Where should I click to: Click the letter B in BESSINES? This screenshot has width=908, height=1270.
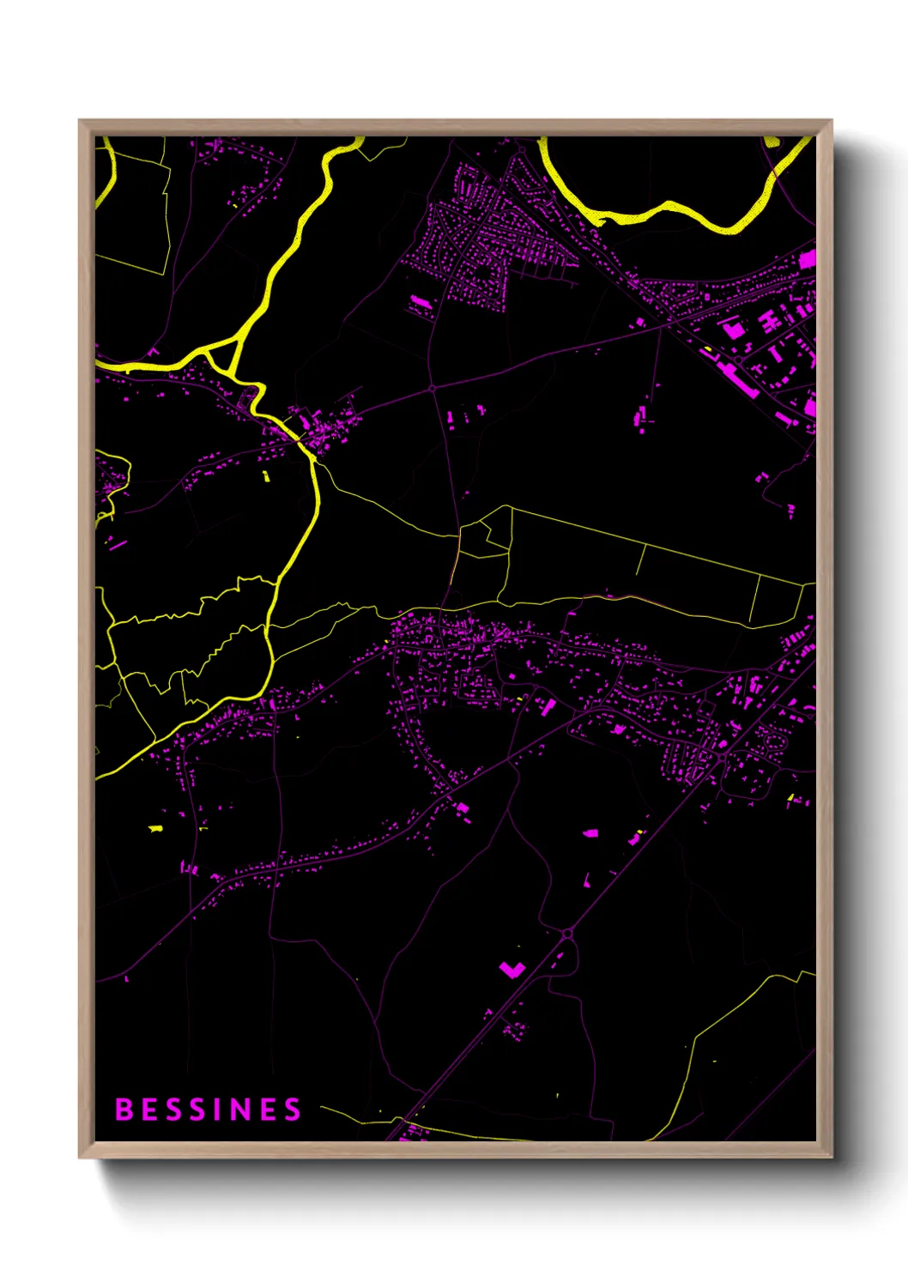tap(124, 1110)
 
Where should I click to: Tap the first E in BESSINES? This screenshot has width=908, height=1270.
tap(148, 1110)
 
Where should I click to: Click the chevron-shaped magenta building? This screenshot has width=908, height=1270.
tap(512, 970)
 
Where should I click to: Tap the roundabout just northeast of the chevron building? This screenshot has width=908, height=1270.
tap(566, 933)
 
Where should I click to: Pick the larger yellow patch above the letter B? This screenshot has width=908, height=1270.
tap(155, 828)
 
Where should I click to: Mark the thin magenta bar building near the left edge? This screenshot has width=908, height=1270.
tap(118, 544)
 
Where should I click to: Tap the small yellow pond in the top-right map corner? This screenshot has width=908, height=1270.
tap(772, 142)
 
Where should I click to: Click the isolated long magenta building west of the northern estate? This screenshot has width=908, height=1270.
tap(420, 302)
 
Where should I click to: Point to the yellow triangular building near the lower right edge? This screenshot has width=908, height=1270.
tap(790, 799)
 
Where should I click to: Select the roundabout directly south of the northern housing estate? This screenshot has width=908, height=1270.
tap(433, 389)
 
